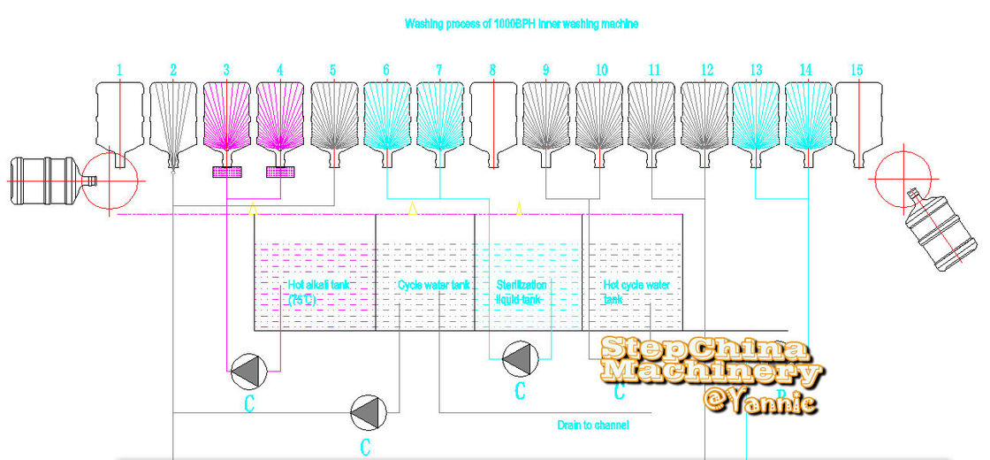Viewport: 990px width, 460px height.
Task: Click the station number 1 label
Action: [x=120, y=69]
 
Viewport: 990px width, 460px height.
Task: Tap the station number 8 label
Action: [x=492, y=69]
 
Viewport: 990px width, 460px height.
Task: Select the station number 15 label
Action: [x=857, y=69]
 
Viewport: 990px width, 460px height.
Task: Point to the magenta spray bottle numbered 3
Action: [x=228, y=119]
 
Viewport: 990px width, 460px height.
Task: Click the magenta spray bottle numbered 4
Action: [x=281, y=119]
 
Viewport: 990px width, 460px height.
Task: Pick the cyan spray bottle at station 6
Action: [x=387, y=119]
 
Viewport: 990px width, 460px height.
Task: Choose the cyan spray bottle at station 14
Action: [x=809, y=119]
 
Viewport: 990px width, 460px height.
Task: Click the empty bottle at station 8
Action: [x=492, y=119]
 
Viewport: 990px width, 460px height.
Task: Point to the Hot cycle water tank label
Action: [x=636, y=292]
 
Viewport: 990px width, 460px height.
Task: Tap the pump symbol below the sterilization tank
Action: [x=520, y=357]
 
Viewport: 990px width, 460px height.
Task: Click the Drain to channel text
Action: [x=592, y=425]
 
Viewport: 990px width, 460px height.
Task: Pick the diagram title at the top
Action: [x=522, y=24]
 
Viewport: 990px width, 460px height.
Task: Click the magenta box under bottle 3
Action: [x=228, y=172]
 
